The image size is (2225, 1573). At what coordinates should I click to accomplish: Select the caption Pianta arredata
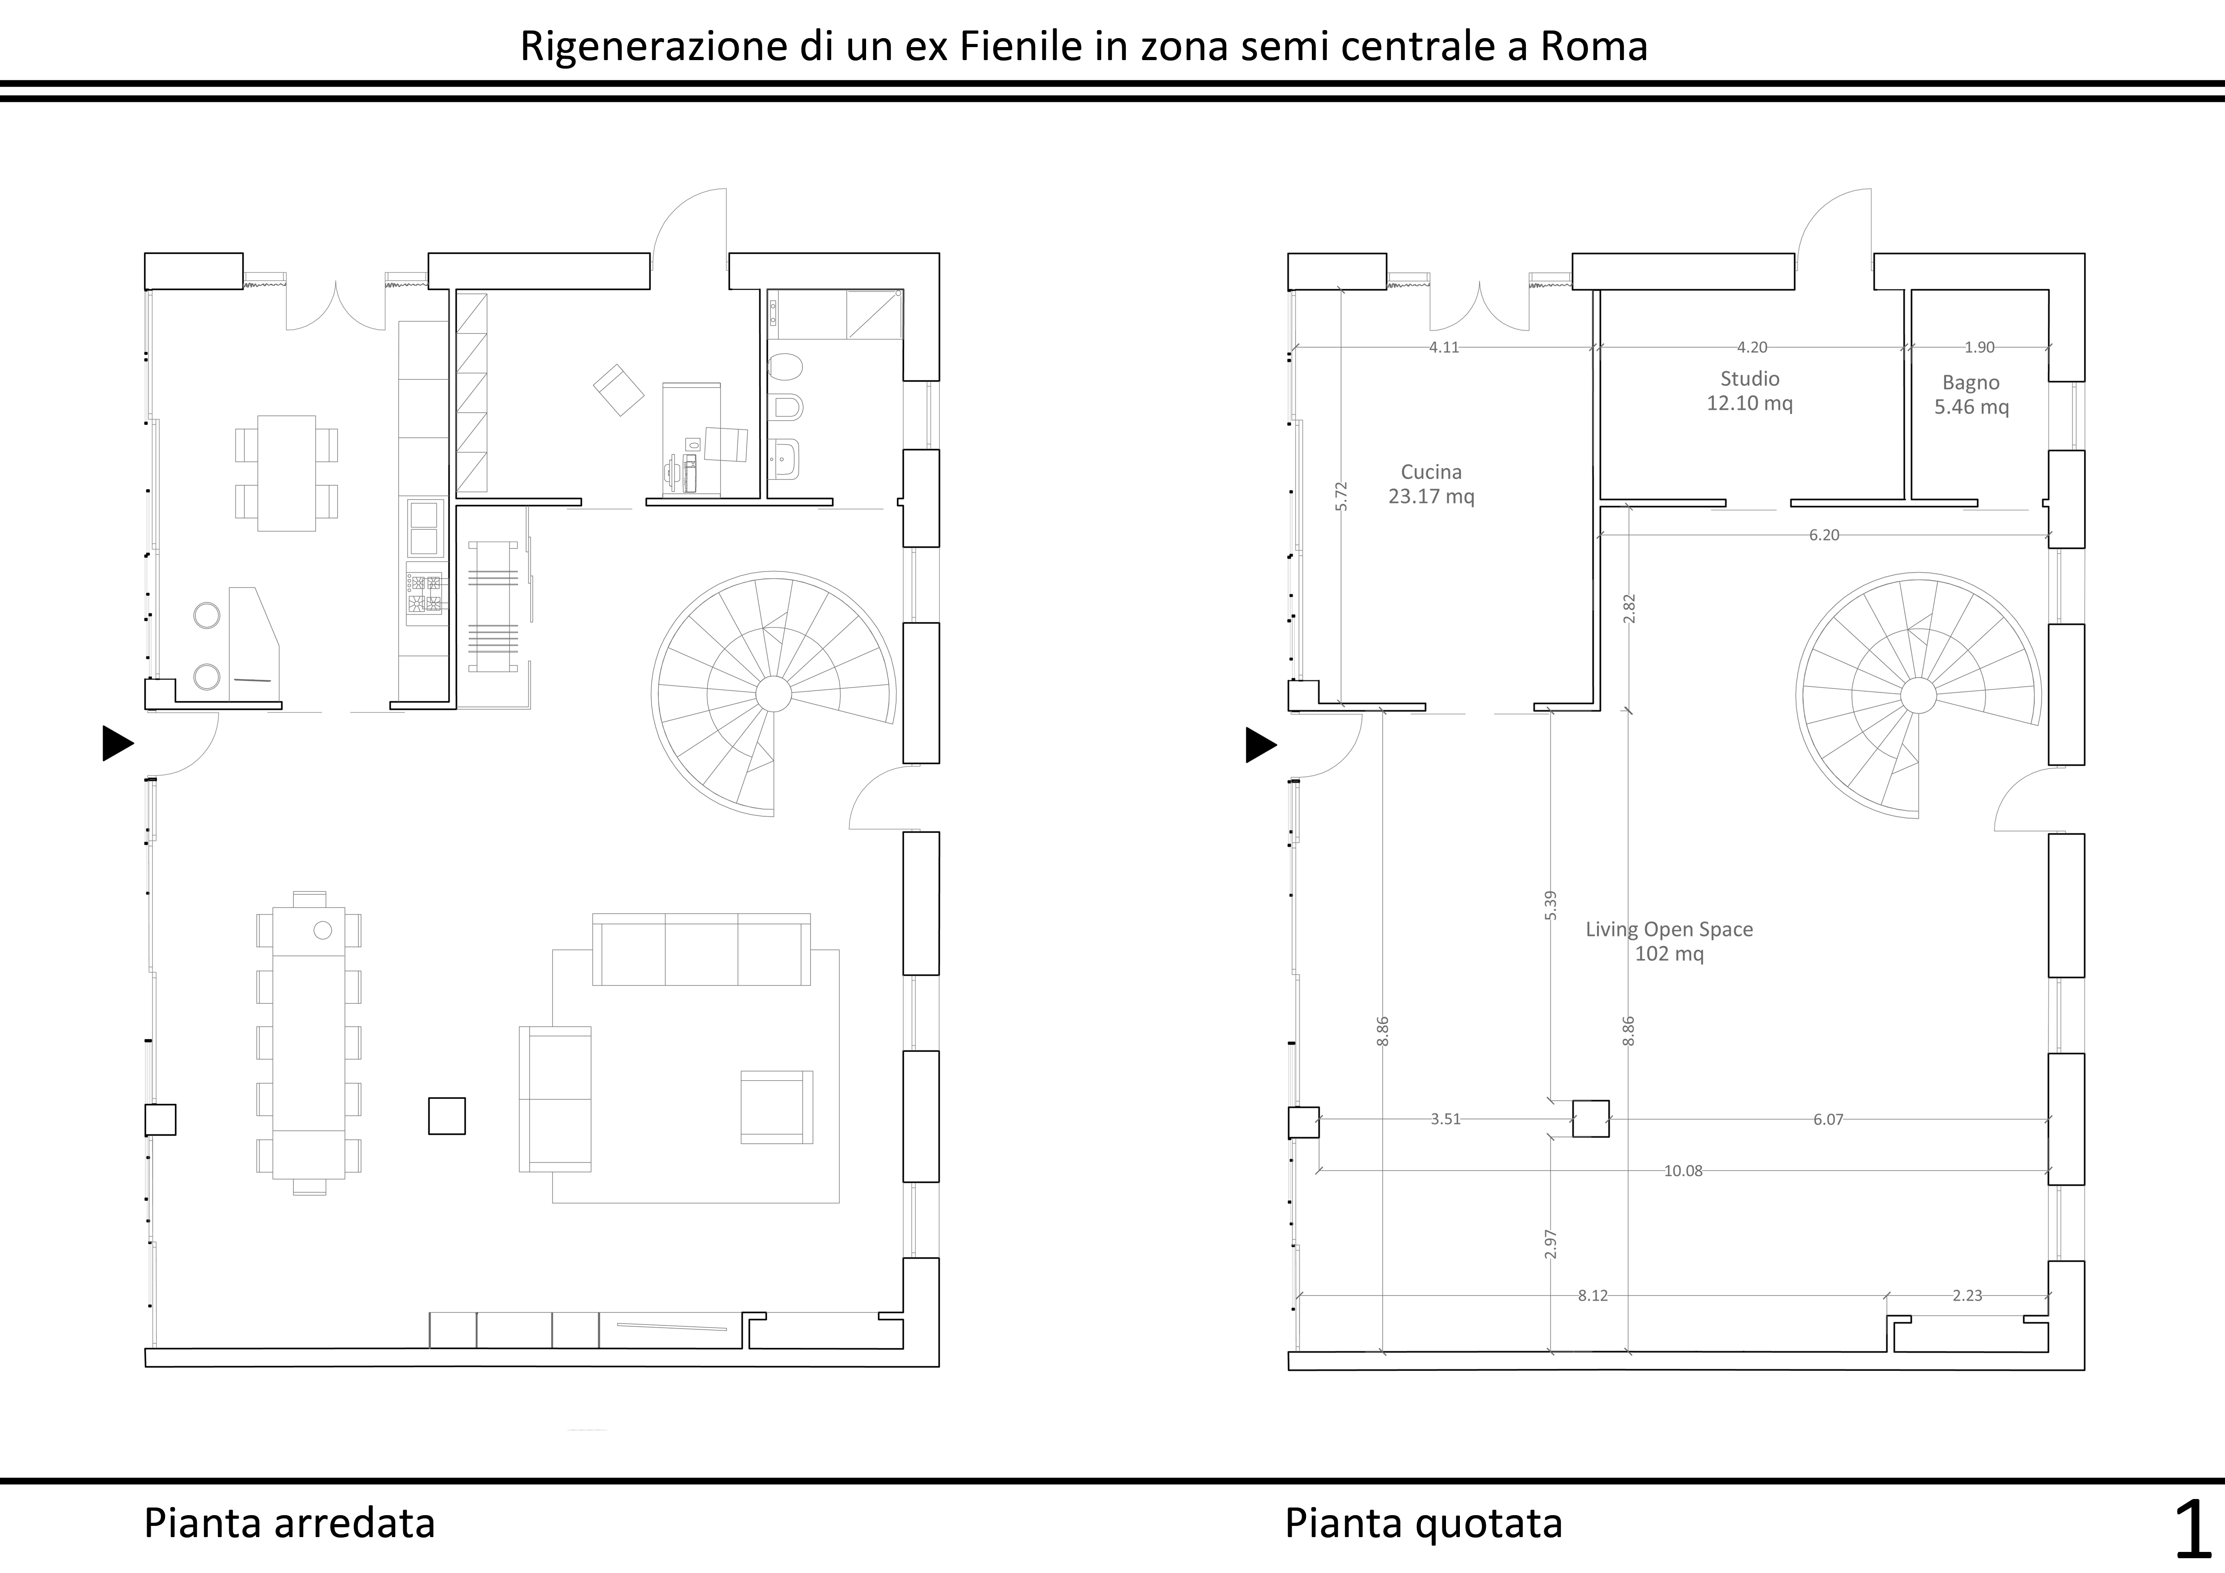[x=290, y=1523]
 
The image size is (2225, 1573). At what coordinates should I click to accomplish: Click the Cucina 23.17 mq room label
[x=1431, y=484]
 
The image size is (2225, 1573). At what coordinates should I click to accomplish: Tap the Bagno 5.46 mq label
[x=1971, y=394]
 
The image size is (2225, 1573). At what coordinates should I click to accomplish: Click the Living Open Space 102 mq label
[x=1669, y=941]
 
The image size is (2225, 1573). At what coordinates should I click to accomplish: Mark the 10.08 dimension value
[x=1683, y=1171]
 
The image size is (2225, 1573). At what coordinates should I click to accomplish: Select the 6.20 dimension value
[x=1824, y=535]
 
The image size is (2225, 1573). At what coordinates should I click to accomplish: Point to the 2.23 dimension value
[x=1967, y=1296]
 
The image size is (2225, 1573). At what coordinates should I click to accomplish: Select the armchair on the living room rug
[x=777, y=1107]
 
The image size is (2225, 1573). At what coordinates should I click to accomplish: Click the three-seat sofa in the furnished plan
[x=701, y=949]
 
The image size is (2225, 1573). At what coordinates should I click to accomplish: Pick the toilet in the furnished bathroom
[x=785, y=367]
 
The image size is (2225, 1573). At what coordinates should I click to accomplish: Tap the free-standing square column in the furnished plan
[x=447, y=1115]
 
